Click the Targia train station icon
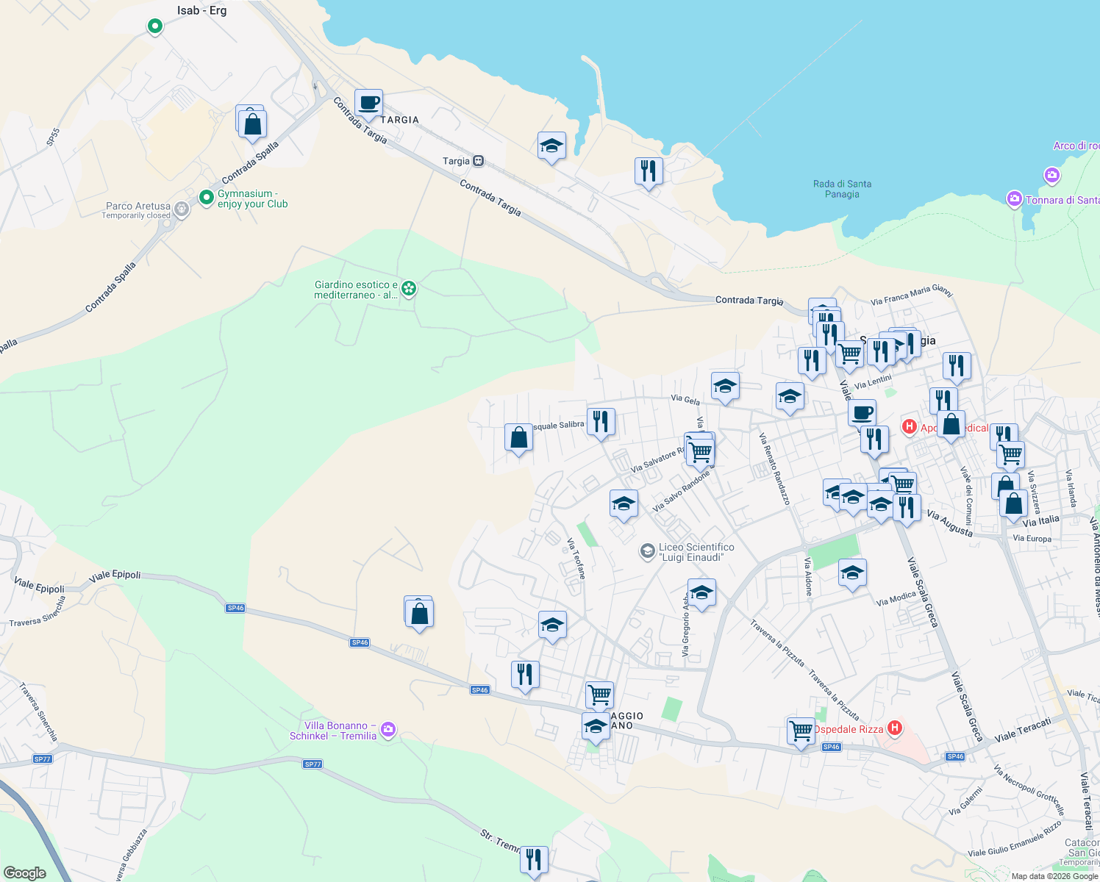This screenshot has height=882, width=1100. (479, 161)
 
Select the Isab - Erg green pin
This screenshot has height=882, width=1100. (155, 26)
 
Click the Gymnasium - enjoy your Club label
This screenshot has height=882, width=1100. (252, 199)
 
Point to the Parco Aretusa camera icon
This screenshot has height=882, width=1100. (182, 209)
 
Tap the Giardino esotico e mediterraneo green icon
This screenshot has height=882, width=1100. (409, 289)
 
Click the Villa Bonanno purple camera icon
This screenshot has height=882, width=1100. (388, 730)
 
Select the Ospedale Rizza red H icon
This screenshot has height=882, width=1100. (895, 728)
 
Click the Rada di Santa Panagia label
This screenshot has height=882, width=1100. (842, 189)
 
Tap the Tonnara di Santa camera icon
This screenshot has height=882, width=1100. (1015, 199)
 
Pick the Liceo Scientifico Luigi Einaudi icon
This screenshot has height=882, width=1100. (647, 551)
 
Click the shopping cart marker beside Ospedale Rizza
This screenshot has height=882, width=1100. (800, 731)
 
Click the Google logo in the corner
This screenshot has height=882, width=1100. (25, 872)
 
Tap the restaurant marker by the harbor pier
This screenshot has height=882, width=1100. (648, 172)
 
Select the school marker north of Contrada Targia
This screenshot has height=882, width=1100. (551, 146)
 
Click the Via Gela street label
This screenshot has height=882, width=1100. (685, 400)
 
